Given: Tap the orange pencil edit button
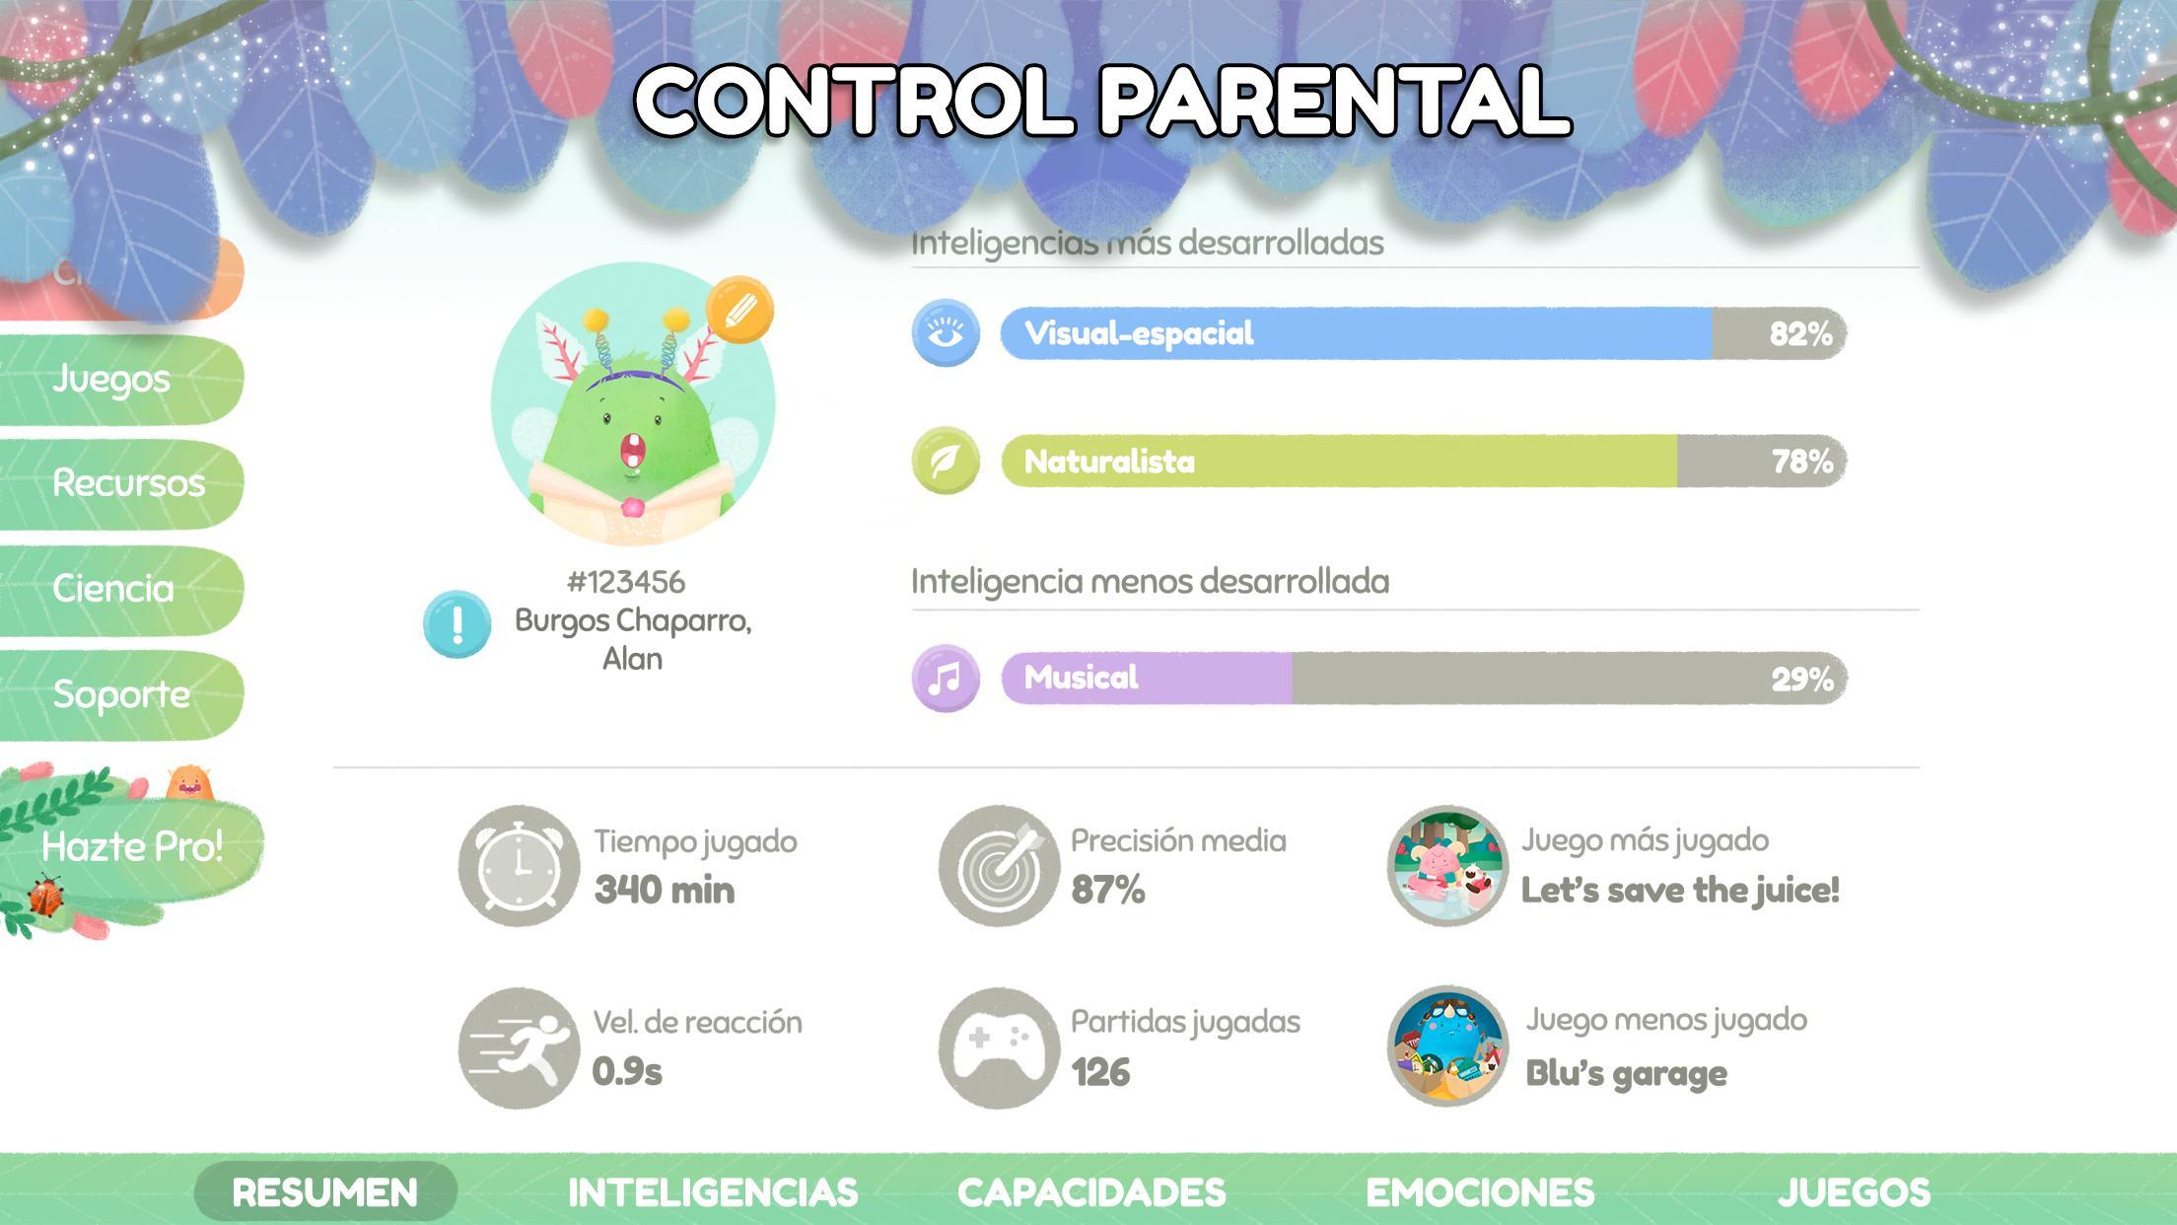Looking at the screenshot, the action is [739, 310].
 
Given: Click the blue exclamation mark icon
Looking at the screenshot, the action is [457, 624].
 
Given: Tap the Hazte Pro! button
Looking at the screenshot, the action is [132, 846].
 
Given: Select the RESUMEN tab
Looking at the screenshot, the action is [325, 1192].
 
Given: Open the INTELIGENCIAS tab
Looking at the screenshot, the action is [713, 1192].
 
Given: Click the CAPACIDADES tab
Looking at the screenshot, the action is [1091, 1192].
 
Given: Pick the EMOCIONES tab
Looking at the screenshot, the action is [1480, 1192].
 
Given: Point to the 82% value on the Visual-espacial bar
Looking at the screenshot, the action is [1800, 334].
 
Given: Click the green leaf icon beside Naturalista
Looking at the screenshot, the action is [946, 461].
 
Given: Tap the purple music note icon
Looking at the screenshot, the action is [946, 678].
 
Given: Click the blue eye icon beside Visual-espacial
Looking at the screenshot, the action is [946, 332].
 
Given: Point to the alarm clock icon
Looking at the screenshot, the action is [519, 865].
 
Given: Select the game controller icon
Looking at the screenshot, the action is [999, 1047].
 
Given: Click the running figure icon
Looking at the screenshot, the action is [519, 1047].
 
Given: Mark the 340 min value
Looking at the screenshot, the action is [665, 891].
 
